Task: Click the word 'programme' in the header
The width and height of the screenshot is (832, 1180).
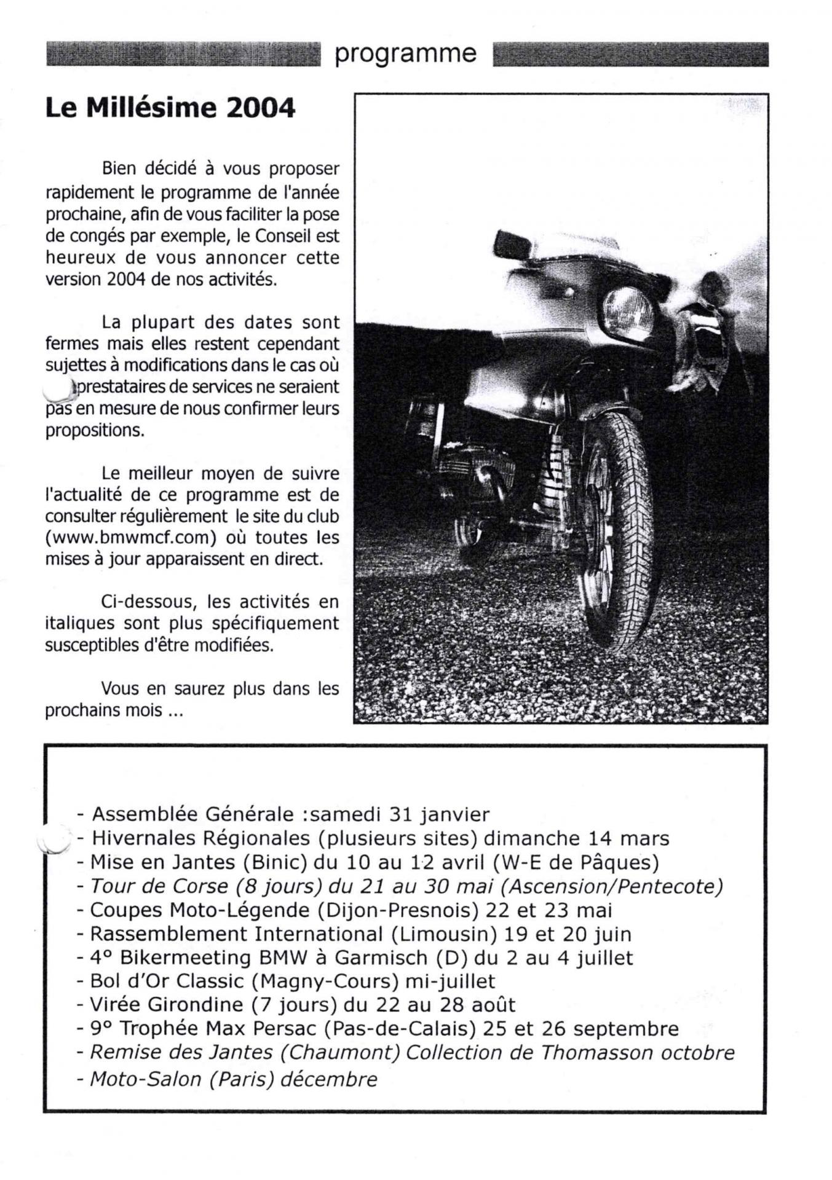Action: pyautogui.click(x=405, y=54)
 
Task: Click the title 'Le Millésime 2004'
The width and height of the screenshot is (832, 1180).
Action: pyautogui.click(x=170, y=108)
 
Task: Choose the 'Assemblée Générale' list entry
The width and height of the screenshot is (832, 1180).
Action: pyautogui.click(x=192, y=814)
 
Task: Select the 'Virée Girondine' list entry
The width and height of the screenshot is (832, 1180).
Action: pyautogui.click(x=167, y=1005)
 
